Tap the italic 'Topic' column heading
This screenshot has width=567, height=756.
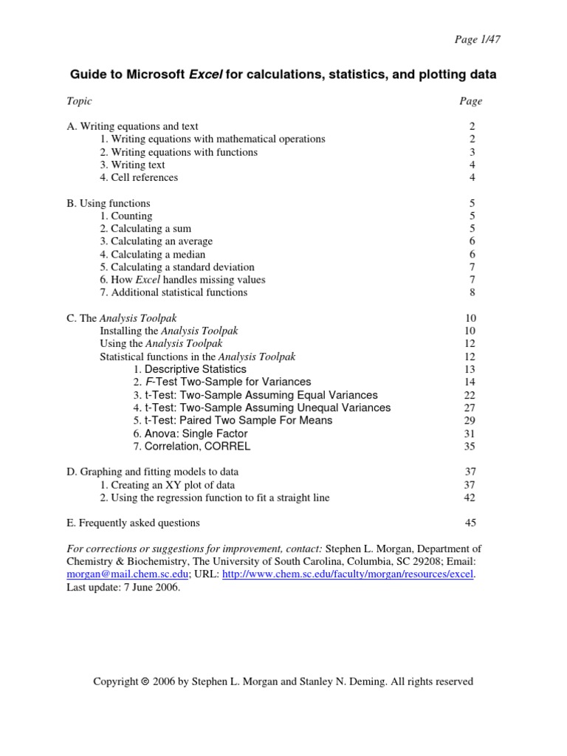(x=79, y=101)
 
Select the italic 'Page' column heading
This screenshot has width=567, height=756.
(x=470, y=101)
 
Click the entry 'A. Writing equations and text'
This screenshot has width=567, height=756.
(x=132, y=126)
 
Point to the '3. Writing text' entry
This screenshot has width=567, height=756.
(x=133, y=165)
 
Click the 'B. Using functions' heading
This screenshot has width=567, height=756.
(x=108, y=203)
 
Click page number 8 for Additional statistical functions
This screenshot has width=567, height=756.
(x=472, y=292)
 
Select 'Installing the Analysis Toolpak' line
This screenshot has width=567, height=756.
(x=169, y=331)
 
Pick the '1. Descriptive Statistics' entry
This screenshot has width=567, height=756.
(x=190, y=369)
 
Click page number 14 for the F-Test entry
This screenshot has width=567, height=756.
(x=470, y=382)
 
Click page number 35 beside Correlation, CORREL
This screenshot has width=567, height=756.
(x=470, y=446)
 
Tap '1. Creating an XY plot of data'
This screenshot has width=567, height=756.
(x=168, y=484)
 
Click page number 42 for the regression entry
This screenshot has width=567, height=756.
(x=470, y=498)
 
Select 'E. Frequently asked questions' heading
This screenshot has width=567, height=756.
(x=133, y=523)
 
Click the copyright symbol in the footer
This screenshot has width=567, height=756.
(x=145, y=682)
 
